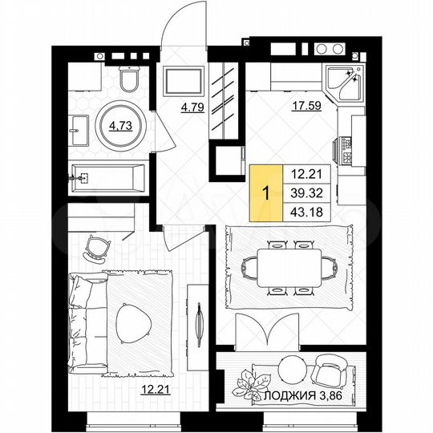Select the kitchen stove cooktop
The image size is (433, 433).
tap(347, 148)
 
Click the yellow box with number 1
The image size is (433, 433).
tap(265, 192)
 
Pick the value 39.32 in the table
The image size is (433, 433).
tap(306, 192)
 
